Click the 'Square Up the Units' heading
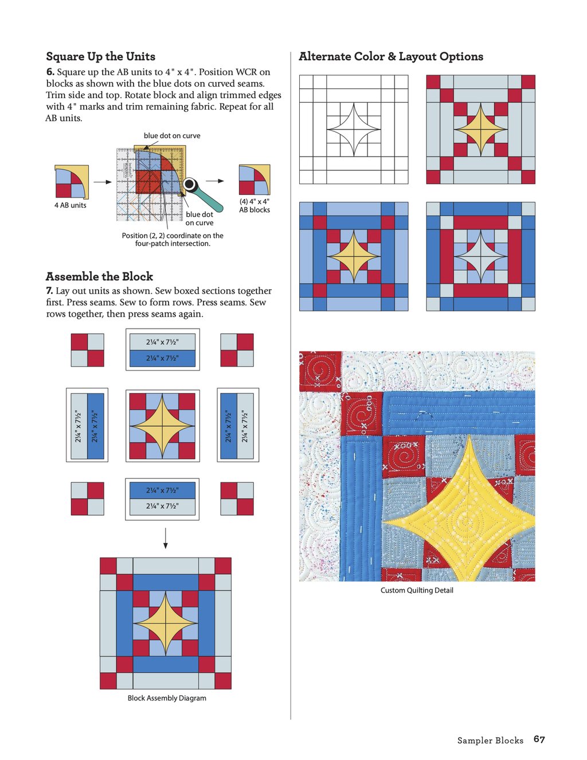(100, 56)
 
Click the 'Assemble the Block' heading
(99, 276)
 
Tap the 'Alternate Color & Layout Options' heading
(390, 56)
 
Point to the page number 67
(539, 739)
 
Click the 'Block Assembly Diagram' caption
(167, 698)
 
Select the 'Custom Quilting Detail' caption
(417, 590)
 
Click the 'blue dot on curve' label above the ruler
(172, 136)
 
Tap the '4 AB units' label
(70, 205)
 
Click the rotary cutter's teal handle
(210, 199)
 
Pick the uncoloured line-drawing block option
(354, 130)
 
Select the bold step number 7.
(49, 291)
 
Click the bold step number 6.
(50, 72)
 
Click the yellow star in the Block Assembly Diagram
(166, 623)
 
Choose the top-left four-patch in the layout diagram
(88, 350)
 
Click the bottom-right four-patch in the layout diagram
(237, 498)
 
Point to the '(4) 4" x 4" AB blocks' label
(255, 206)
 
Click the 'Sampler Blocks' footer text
(490, 740)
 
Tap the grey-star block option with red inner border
(480, 256)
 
